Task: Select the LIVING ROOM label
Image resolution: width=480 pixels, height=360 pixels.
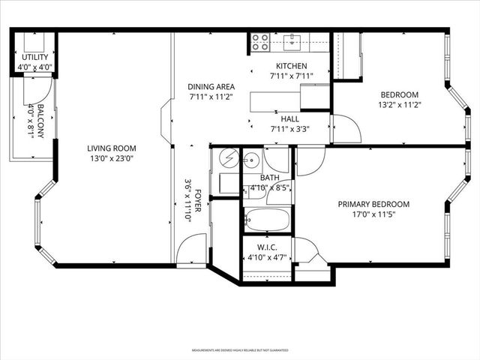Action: pyautogui.click(x=112, y=148)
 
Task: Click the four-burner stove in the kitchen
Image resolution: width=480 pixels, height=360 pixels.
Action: pyautogui.click(x=260, y=42)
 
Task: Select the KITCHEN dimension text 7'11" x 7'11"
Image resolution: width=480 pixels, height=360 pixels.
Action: pyautogui.click(x=291, y=76)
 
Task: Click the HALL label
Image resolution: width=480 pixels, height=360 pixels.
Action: pyautogui.click(x=291, y=119)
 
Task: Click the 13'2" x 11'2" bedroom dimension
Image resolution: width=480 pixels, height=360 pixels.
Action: pyautogui.click(x=399, y=105)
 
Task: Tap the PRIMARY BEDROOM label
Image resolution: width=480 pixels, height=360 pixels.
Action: pyautogui.click(x=373, y=204)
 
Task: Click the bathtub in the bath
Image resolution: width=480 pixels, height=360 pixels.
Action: pyautogui.click(x=266, y=220)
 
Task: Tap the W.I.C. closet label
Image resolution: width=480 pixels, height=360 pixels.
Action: pyautogui.click(x=267, y=247)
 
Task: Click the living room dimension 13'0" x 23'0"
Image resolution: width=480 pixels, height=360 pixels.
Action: pyautogui.click(x=112, y=158)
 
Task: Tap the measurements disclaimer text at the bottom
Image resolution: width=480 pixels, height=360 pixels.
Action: pyautogui.click(x=239, y=350)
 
